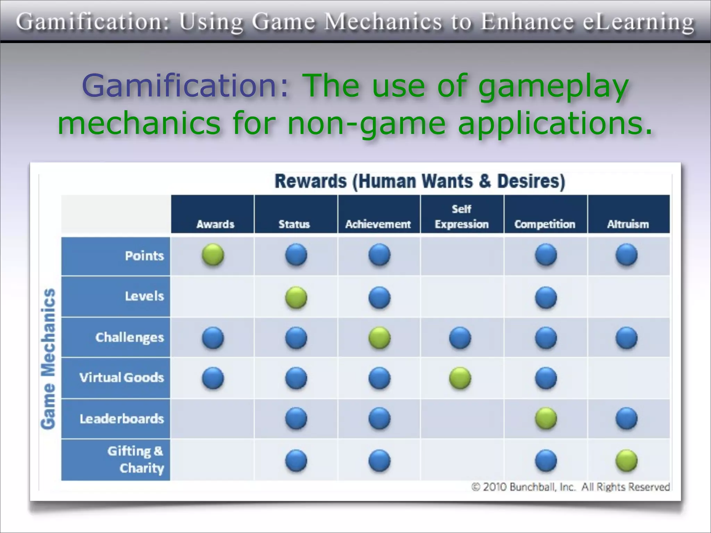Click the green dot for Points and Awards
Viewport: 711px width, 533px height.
(213, 255)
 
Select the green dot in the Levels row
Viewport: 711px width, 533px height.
(296, 298)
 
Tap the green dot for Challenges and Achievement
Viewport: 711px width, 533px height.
(379, 338)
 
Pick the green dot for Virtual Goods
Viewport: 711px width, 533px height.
(460, 378)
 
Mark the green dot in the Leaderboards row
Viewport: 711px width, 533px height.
(546, 418)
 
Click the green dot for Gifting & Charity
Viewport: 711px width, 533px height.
(627, 461)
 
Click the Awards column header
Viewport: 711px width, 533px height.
(215, 224)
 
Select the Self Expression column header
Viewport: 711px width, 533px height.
(462, 217)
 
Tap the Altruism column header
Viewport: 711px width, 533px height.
(628, 224)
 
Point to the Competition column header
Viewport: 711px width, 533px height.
(545, 224)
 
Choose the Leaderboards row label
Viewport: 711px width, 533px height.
(122, 419)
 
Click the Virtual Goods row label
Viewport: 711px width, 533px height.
(122, 378)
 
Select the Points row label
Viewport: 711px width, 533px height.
(144, 256)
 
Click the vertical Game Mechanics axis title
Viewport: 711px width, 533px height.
(48, 359)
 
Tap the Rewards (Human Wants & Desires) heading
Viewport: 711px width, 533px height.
(420, 181)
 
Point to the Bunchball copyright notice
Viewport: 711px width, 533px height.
(570, 487)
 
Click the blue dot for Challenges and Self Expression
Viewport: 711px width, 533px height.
(460, 338)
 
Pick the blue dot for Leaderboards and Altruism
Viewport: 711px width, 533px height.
(627, 418)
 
